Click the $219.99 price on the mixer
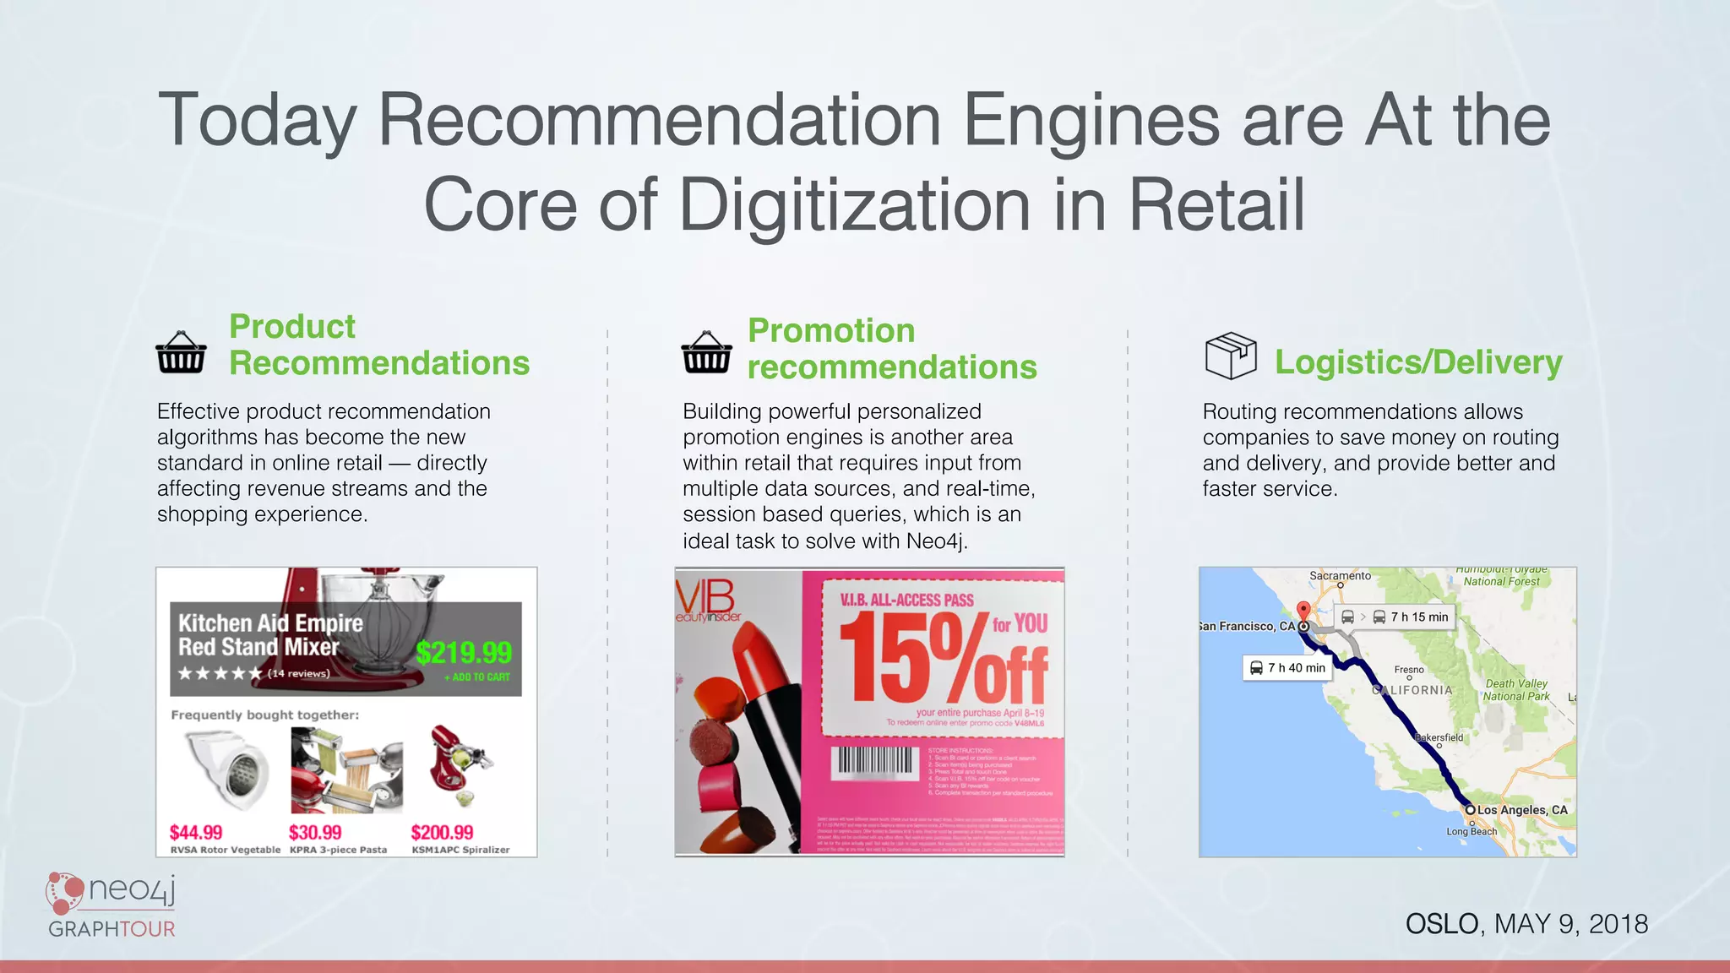pyautogui.click(x=464, y=653)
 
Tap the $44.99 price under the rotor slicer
pyautogui.click(x=196, y=833)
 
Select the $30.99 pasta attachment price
pyautogui.click(x=315, y=833)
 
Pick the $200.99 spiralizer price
pyautogui.click(x=442, y=833)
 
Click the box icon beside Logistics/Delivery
pyautogui.click(x=1231, y=356)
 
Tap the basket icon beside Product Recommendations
pyautogui.click(x=181, y=352)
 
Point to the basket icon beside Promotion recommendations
pyautogui.click(x=706, y=352)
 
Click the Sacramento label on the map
pyautogui.click(x=1340, y=576)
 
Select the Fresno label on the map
pyautogui.click(x=1409, y=670)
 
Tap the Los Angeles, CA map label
pyautogui.click(x=1522, y=810)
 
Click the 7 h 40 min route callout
pyautogui.click(x=1287, y=668)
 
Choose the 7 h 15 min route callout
pyautogui.click(x=1395, y=617)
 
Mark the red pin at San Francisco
pyautogui.click(x=1303, y=611)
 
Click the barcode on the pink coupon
pyautogui.click(x=875, y=762)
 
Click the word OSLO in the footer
pyautogui.click(x=1442, y=924)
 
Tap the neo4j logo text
pyautogui.click(x=131, y=889)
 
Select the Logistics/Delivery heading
pyautogui.click(x=1418, y=362)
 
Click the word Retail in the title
pyautogui.click(x=1216, y=205)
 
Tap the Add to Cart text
pyautogui.click(x=481, y=677)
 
